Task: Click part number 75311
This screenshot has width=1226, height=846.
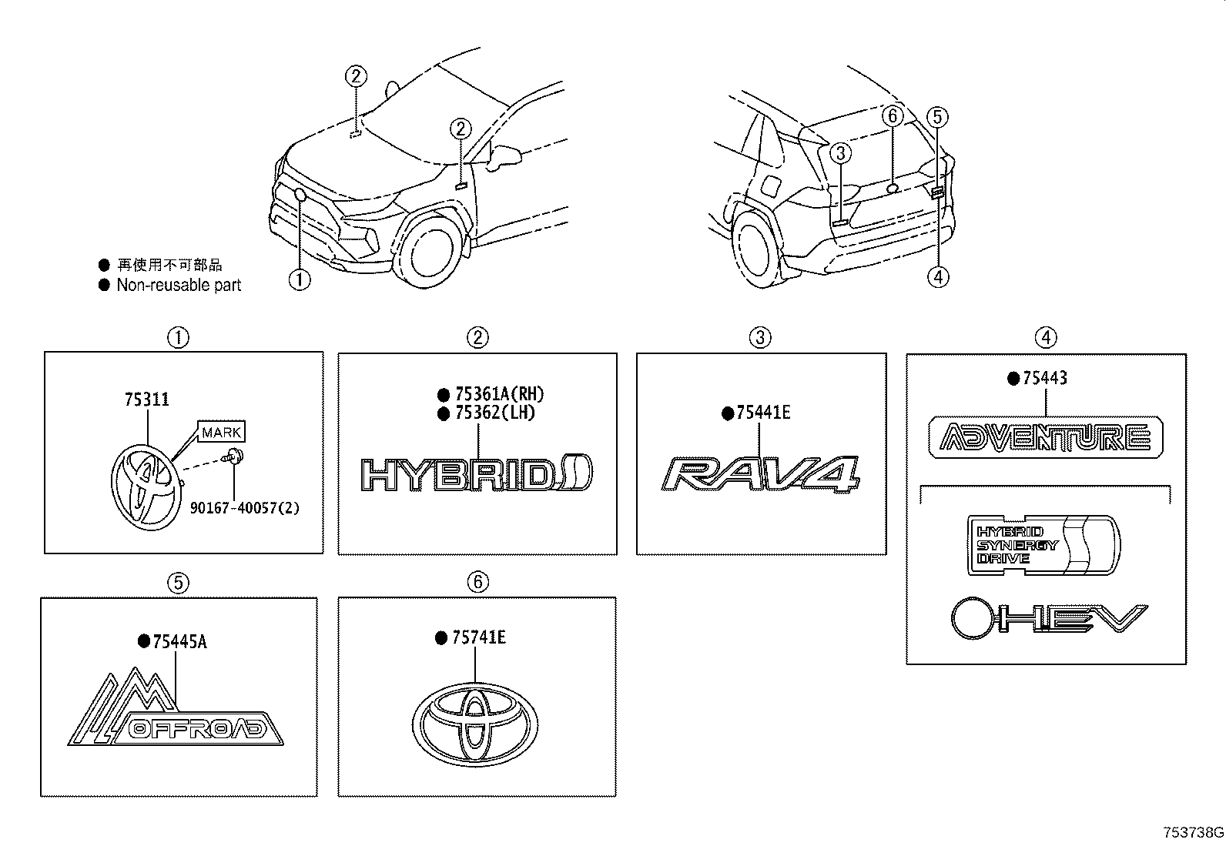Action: point(146,400)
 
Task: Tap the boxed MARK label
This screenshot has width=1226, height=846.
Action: point(221,432)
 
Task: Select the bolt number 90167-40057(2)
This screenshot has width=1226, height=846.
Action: point(245,508)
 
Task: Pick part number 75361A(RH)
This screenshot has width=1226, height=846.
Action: point(499,394)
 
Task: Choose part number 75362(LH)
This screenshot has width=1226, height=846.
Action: point(494,413)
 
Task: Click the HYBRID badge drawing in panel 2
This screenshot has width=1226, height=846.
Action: point(477,473)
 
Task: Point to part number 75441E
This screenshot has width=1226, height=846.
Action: point(763,413)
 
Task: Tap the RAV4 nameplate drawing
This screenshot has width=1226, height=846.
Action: point(760,475)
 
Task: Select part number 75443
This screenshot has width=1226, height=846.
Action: point(1045,377)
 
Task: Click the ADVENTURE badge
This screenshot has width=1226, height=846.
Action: point(1045,436)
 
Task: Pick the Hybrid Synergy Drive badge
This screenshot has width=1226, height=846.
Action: point(1043,545)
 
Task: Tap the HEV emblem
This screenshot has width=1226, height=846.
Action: point(1049,618)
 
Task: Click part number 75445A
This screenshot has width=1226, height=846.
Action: point(179,641)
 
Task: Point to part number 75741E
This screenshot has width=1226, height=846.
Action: point(478,637)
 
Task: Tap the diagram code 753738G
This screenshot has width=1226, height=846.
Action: point(1193,832)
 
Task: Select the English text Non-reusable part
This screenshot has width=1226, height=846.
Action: point(179,285)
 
